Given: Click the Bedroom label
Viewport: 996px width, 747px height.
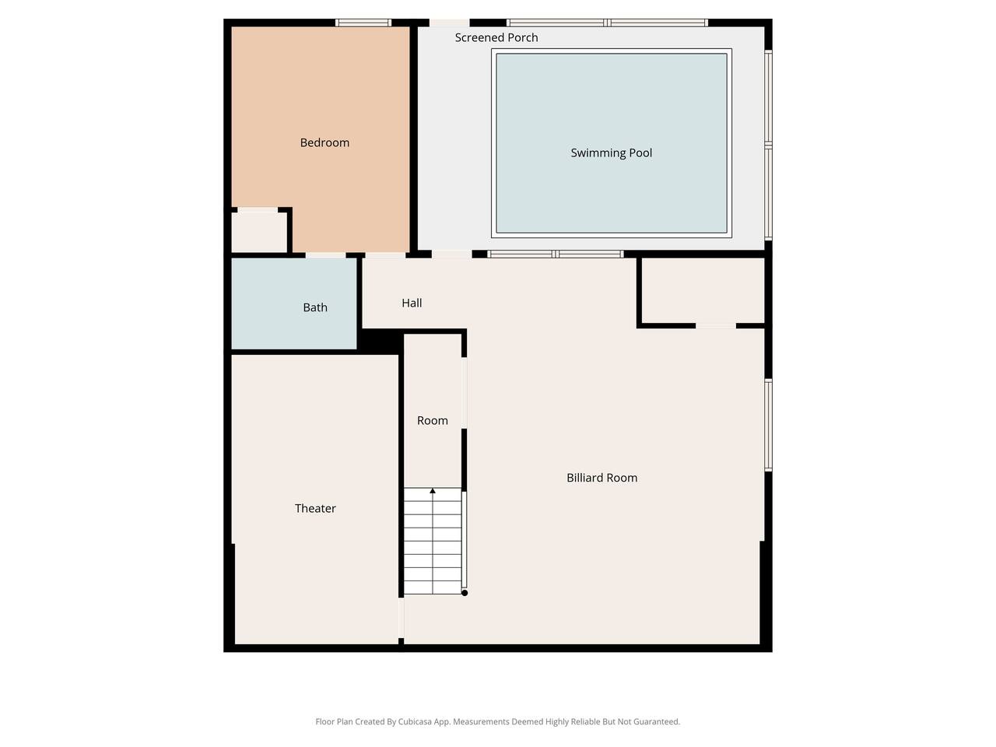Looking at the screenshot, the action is [x=324, y=142].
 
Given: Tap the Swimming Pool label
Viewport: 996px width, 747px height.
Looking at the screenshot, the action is [x=611, y=153].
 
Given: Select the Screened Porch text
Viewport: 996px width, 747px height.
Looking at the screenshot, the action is [x=496, y=37].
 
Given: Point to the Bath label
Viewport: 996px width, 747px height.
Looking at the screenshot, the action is [x=315, y=307].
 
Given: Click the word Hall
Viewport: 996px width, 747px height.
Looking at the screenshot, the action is [x=412, y=303].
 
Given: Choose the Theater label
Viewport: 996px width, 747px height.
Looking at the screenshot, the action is [x=315, y=508].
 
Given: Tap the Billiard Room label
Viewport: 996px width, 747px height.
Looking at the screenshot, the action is [x=601, y=478].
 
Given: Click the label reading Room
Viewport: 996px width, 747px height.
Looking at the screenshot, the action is [x=433, y=420].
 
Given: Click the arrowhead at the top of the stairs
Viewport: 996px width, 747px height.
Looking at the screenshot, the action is [x=433, y=491].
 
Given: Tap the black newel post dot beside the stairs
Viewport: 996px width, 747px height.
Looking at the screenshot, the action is [x=465, y=593].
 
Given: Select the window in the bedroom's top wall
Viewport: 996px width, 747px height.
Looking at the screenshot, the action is [x=363, y=23].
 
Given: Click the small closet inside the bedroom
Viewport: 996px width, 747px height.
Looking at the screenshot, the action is [x=259, y=232].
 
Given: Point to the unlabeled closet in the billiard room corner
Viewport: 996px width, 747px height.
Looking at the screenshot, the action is [x=703, y=291].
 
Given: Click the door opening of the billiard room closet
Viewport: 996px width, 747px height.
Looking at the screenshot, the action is [x=716, y=326].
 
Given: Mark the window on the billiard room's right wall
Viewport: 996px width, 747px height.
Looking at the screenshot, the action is [x=768, y=425].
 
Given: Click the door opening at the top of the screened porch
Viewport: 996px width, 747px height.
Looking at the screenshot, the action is [x=449, y=23].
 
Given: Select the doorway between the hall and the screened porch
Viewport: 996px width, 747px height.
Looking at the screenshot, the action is [x=451, y=254].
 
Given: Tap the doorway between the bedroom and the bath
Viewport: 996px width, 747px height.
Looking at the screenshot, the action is [x=326, y=255].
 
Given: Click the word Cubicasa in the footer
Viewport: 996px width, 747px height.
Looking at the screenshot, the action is [x=415, y=721].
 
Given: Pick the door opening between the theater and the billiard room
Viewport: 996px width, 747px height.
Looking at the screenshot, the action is [x=401, y=618].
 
